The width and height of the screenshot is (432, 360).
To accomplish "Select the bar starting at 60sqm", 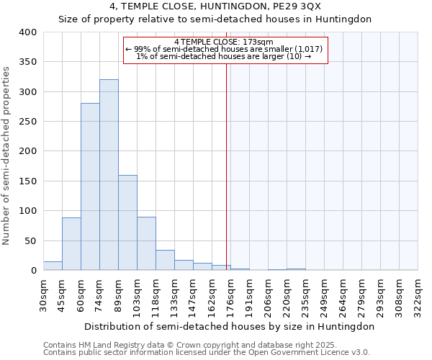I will tap(90, 186).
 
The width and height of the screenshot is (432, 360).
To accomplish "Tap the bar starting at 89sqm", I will tap(127, 222).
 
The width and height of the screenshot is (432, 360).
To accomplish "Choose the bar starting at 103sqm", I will tap(146, 243).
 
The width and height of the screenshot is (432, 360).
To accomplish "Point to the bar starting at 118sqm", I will tap(165, 260).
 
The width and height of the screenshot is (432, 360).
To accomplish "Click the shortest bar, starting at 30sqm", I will tap(53, 266).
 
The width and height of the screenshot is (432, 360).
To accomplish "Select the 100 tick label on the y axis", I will tap(27, 211).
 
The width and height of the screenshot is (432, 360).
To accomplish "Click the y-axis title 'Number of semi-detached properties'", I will tap(7, 155).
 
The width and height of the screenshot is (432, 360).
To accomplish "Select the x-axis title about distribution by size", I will tap(230, 326).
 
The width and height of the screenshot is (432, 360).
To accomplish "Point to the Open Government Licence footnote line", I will tap(207, 353).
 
